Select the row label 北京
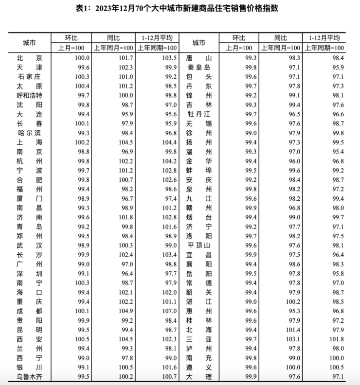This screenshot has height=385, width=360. (x=29, y=57)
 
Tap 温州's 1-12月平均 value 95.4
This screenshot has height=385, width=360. (x=336, y=151)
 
